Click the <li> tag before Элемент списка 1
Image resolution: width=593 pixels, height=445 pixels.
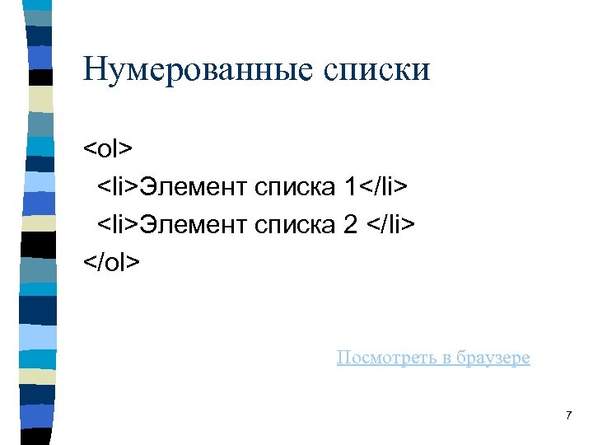pos(119,187)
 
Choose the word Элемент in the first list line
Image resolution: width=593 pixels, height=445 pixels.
pos(194,187)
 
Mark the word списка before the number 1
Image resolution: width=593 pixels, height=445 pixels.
pos(293,187)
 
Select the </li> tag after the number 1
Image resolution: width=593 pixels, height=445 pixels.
pos(383,187)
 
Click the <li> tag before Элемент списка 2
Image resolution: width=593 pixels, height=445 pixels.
pos(119,224)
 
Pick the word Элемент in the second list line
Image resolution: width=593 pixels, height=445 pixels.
pos(194,224)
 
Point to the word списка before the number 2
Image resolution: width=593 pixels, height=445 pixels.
pos(293,224)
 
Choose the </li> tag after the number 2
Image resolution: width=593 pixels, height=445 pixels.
pos(394,224)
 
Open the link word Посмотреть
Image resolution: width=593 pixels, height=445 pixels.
pos(384,358)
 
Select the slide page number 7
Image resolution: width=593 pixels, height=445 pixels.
pos(568,415)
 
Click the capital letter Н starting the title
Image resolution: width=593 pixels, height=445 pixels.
pos(95,69)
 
